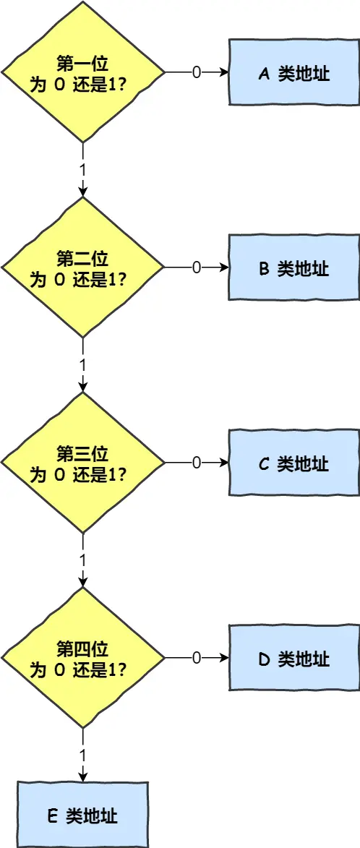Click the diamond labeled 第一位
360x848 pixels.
[83, 72]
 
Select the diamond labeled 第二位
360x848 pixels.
[83, 267]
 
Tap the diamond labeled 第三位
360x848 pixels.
[83, 463]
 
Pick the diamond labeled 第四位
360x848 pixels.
[83, 658]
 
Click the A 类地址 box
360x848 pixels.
[293, 73]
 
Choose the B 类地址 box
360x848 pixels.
[293, 268]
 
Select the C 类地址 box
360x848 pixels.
[293, 463]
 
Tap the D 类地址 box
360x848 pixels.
[293, 659]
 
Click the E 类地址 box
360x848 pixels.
[82, 815]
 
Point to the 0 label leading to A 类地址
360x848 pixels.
[196, 73]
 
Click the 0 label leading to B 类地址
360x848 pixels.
[196, 268]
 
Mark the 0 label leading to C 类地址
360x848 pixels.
[196, 463]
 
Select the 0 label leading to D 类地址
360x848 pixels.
[196, 659]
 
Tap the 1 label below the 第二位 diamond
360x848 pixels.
[83, 364]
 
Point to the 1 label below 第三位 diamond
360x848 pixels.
[83, 560]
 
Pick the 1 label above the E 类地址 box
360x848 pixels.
[83, 754]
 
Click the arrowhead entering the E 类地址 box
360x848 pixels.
[83, 776]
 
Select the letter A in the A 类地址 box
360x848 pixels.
[264, 74]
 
